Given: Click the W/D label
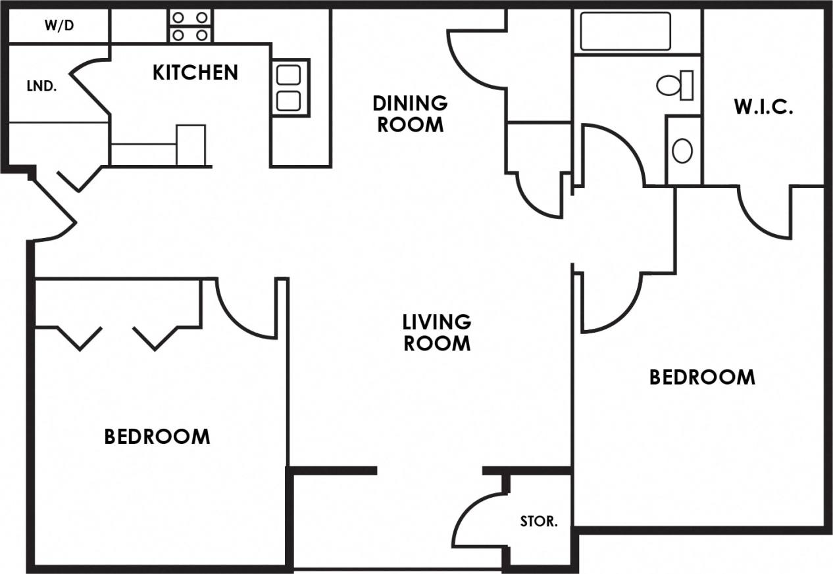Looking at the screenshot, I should tap(59, 26).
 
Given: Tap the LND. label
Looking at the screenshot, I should tap(41, 86).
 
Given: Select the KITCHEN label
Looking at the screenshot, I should tap(195, 72).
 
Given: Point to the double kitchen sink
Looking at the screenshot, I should tap(289, 87).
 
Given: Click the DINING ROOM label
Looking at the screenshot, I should tap(409, 113).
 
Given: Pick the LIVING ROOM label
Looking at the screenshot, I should tap(436, 332).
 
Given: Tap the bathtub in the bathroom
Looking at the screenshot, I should tap(625, 31).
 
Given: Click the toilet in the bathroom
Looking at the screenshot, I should tap(674, 85).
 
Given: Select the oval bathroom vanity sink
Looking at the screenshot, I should tap(682, 151).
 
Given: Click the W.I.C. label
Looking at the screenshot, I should tap(763, 107).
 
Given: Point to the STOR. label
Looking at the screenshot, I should tap(538, 522).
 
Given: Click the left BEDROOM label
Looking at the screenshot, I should tap(157, 436).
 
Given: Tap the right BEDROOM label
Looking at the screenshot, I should tap(701, 377).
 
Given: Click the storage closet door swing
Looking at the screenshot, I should tap(477, 519).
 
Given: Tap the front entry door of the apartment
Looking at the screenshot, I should tap(53, 207).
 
